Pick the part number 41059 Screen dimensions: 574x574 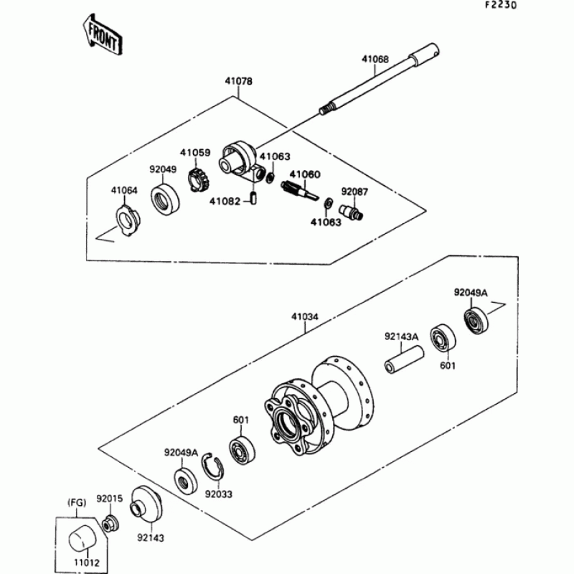point(194,153)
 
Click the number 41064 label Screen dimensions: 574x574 point(123,190)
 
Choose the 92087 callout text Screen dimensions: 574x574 point(354,192)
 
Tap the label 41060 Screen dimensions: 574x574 point(305,174)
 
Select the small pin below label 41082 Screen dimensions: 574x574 point(253,197)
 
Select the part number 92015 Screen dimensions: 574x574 point(110,497)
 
